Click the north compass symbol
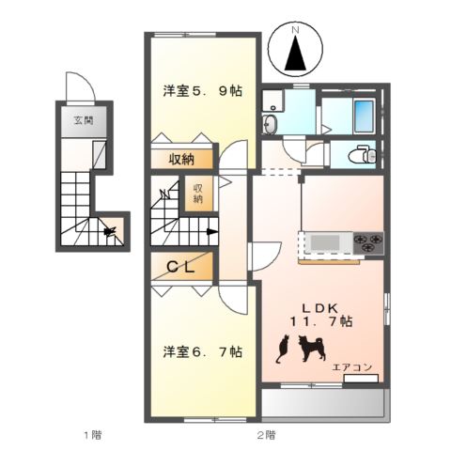[x=295, y=54]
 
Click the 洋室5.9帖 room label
[x=202, y=91]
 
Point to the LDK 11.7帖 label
[x=319, y=314]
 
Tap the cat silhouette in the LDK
[x=280, y=351]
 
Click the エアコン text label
[x=350, y=367]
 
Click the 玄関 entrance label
[x=83, y=120]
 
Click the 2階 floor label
[x=266, y=434]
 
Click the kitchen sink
[x=326, y=242]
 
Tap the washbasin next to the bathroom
[x=272, y=125]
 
